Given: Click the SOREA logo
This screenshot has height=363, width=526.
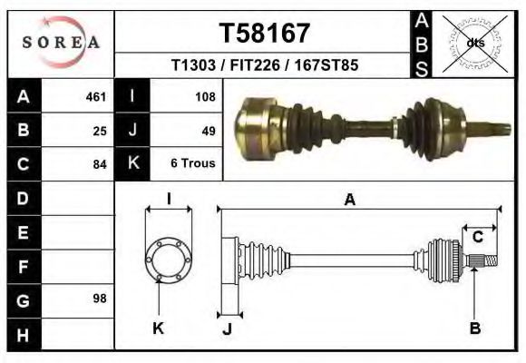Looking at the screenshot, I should point(61,42).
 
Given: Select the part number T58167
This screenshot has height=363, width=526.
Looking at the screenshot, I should point(265,33).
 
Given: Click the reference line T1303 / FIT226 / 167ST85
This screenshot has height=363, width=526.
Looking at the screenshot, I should point(265,65).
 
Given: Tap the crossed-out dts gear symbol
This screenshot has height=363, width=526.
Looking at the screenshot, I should point(475,42).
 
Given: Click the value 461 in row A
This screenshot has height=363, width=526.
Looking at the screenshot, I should point(96,96).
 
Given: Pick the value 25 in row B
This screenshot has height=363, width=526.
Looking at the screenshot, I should point(100,131).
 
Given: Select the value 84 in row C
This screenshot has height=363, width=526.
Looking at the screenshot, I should point(100,164).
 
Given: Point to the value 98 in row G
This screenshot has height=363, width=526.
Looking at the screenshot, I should point(100,299).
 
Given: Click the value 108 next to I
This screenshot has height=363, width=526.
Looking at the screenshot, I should point(204,96).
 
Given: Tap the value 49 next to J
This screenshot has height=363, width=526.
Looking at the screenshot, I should point(208,131).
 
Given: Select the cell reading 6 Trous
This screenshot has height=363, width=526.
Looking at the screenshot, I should point(192,164).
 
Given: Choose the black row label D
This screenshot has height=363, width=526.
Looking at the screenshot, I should point(23,198).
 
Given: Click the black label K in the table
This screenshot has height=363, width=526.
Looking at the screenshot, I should point(133,164).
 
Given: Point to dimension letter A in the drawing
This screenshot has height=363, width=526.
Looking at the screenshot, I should point(349,201).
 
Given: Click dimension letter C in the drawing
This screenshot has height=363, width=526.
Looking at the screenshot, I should point(477,238).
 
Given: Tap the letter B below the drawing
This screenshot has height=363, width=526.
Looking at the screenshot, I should point(474,328).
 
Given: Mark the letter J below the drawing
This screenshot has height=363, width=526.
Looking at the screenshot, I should point(227,329).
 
